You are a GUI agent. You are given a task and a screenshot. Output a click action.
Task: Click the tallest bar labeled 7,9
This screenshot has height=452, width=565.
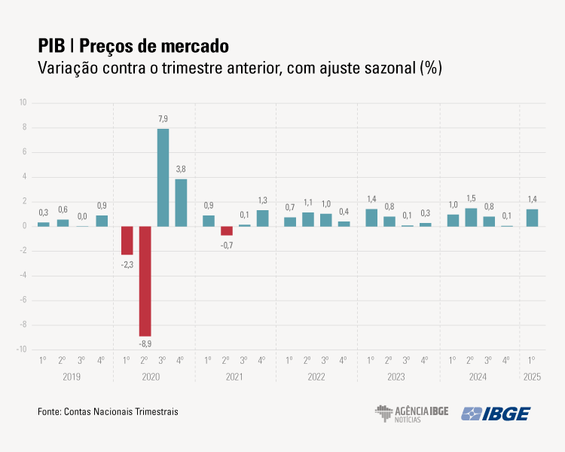pyautogui.click(x=163, y=178)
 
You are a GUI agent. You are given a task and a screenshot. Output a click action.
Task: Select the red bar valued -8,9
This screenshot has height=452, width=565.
pyautogui.click(x=145, y=281)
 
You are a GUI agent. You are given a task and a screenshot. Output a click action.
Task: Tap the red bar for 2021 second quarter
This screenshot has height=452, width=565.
pyautogui.click(x=227, y=231)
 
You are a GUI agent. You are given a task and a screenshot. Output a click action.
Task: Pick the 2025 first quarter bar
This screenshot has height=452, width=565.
pyautogui.click(x=532, y=218)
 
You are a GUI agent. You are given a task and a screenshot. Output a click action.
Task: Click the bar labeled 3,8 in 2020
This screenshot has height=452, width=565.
pyautogui.click(x=181, y=203)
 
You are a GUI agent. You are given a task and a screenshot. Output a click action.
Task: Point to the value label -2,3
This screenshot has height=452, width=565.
pyautogui.click(x=127, y=264)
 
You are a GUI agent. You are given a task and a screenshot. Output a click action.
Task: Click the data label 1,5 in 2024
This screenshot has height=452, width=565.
pyautogui.click(x=472, y=198)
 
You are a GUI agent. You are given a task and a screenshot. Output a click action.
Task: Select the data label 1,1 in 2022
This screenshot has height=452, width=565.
pyautogui.click(x=307, y=203)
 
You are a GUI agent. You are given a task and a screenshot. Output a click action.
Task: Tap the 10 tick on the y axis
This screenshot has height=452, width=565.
pyautogui.click(x=23, y=102)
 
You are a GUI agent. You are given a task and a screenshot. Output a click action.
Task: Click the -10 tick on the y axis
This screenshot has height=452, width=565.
pyautogui.click(x=22, y=350)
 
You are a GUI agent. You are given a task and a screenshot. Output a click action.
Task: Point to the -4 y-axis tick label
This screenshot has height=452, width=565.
pyautogui.click(x=23, y=276)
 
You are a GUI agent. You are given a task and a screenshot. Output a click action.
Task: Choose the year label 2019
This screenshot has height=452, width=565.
pyautogui.click(x=72, y=376)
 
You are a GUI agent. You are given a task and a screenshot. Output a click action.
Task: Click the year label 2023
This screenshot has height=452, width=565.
pyautogui.click(x=397, y=376)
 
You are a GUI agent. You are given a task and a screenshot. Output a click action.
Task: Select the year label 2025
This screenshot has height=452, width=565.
pyautogui.click(x=532, y=376)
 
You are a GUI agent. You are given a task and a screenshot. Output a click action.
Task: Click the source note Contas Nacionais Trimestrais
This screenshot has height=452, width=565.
pyautogui.click(x=121, y=412)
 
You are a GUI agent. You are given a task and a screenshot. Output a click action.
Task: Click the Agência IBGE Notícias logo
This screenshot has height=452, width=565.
pyautogui.click(x=411, y=414)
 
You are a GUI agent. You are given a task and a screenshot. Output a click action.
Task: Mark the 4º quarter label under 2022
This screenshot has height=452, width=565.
pyautogui.click(x=344, y=360)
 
